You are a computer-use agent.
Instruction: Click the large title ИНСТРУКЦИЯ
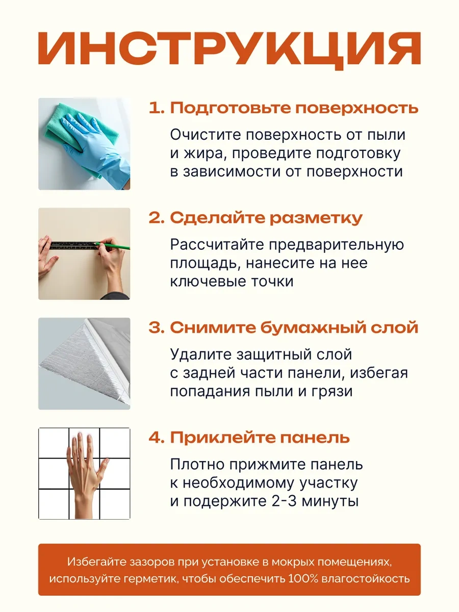(229, 50)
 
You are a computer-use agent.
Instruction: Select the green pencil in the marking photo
(112, 245)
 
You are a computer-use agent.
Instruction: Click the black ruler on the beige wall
(74, 245)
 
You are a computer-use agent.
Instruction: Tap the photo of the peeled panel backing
(84, 364)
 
